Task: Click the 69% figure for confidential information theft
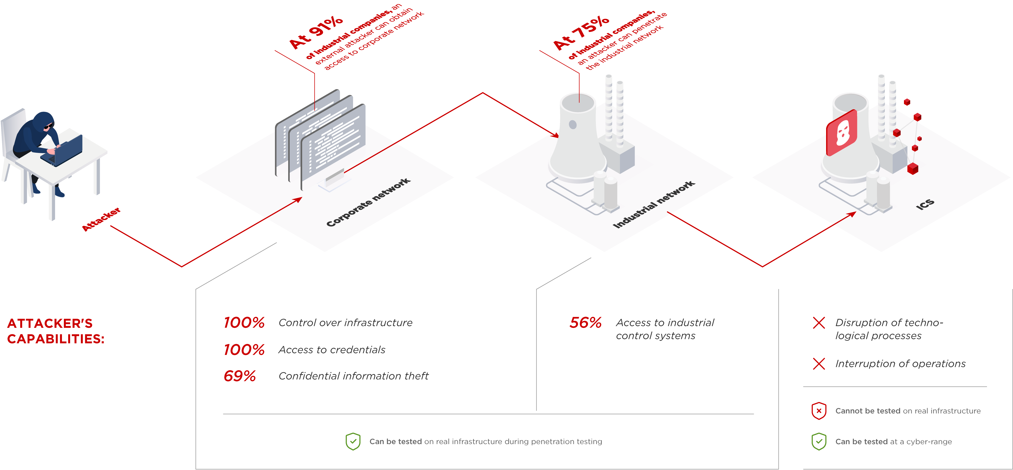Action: [240, 376]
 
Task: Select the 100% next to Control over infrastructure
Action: [244, 322]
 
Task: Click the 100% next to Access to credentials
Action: [244, 350]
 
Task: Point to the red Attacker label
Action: [101, 219]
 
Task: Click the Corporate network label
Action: [368, 202]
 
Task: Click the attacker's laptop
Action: [63, 151]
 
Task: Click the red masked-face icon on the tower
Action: [842, 133]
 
